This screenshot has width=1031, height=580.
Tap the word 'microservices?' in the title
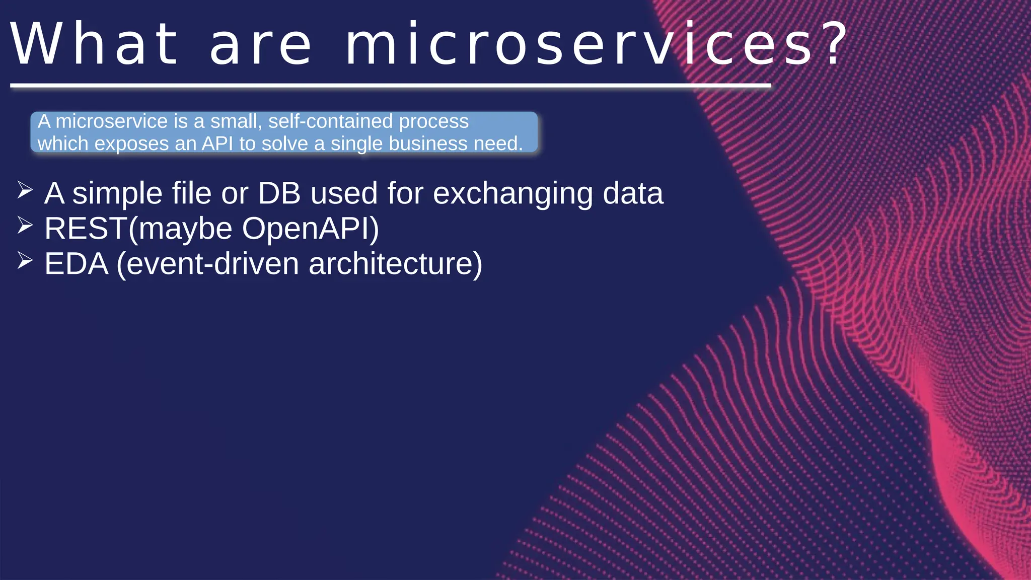pyautogui.click(x=579, y=44)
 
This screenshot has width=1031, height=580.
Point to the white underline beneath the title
pyautogui.click(x=390, y=86)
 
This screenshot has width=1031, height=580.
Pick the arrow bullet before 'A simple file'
pyautogui.click(x=25, y=190)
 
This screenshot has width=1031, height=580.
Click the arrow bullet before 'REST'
pyautogui.click(x=25, y=225)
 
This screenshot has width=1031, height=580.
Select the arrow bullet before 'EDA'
pyautogui.click(x=25, y=260)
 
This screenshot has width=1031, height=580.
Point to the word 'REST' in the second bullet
pyautogui.click(x=86, y=229)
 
